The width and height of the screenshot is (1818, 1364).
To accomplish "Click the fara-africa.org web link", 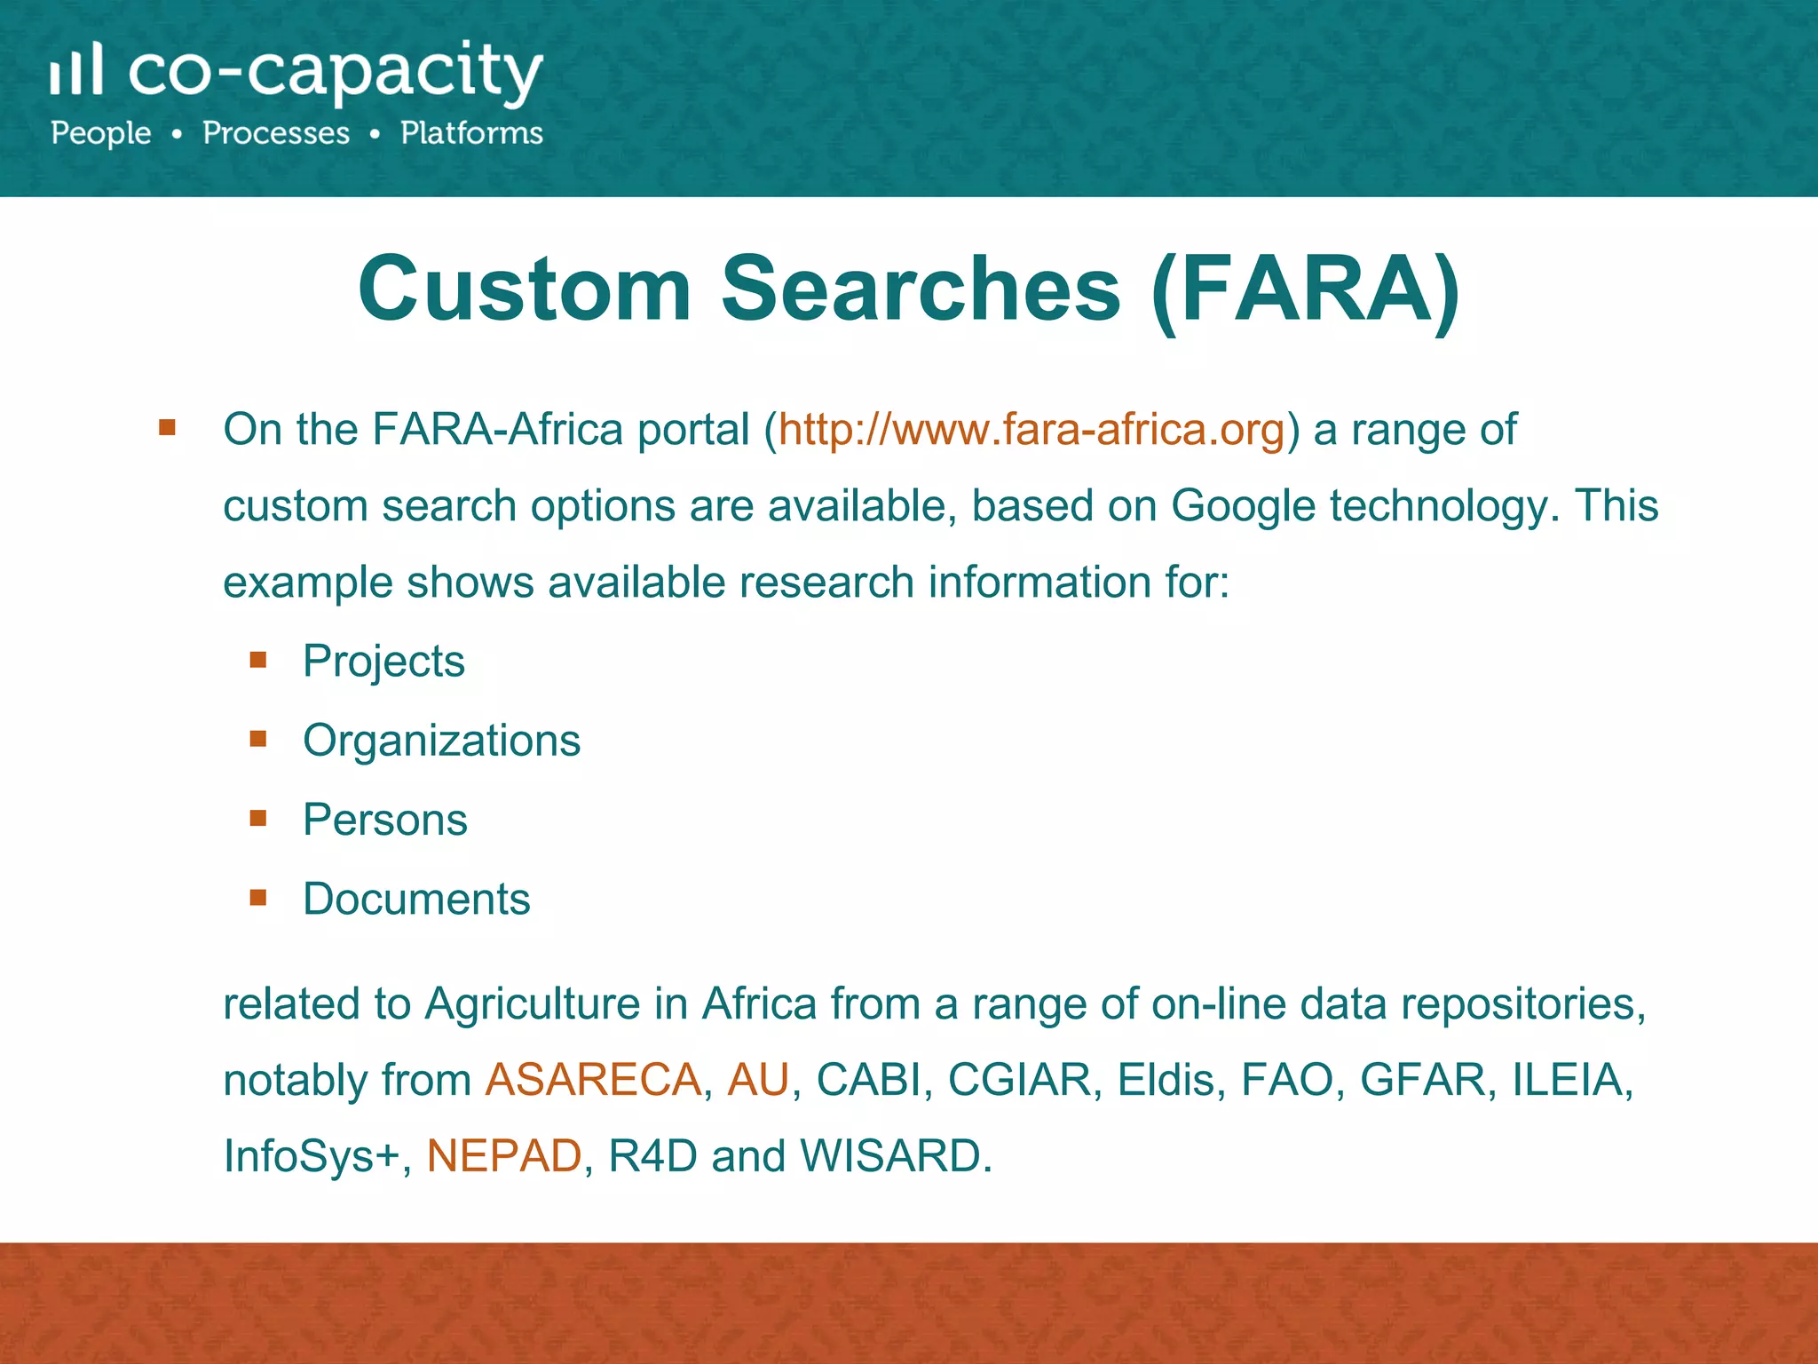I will point(1032,430).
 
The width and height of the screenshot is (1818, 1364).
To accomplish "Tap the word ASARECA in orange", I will point(593,1081).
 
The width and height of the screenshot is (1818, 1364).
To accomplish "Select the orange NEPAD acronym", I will point(503,1156).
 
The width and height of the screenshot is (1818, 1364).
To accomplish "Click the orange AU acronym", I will point(757,1081).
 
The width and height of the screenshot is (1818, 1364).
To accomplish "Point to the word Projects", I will point(383,662).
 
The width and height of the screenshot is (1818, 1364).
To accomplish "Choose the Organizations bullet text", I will point(441,741).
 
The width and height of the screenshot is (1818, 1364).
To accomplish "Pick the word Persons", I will point(384,820).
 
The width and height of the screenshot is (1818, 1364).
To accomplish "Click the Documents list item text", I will point(416,899).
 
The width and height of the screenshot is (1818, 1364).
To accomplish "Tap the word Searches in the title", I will point(921,289).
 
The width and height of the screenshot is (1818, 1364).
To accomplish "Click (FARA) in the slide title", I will point(1305,289).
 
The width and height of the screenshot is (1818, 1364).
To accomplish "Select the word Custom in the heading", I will point(525,289).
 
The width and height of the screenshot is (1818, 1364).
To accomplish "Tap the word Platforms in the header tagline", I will point(471,133).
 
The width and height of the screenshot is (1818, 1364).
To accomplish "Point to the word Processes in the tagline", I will point(276,133).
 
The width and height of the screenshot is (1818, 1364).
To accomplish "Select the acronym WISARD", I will point(896,1156).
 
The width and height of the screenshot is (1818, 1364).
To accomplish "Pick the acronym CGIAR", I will point(1019,1081).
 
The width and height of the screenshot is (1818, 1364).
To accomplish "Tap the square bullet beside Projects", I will point(258,660).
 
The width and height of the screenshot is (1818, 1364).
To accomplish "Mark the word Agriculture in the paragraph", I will point(533,1004).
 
